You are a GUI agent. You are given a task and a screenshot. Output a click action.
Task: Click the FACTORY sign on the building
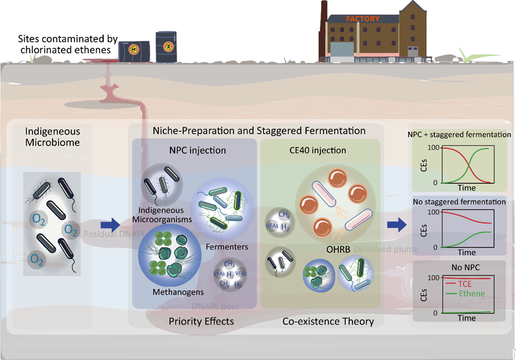coord(362,18)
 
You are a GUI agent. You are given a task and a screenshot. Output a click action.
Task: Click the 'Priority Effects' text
coord(194,321)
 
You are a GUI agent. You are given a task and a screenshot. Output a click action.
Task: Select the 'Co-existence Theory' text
coord(327,321)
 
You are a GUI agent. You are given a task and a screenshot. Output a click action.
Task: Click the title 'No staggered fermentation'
coord(460,202)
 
